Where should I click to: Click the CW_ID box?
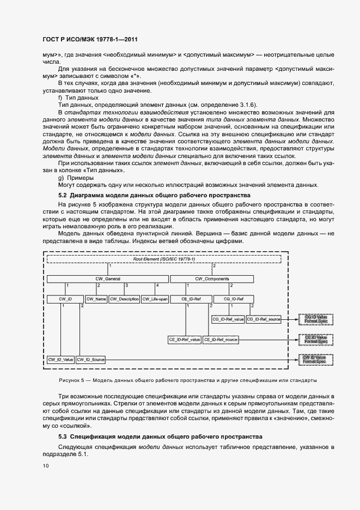[65, 299]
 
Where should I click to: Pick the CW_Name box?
[96, 299]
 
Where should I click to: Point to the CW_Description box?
[125, 299]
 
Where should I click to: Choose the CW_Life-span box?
[155, 299]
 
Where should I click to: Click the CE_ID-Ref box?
[191, 299]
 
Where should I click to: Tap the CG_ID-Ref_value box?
[227, 319]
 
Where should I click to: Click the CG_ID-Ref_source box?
[264, 319]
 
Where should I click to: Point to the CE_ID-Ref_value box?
[185, 339]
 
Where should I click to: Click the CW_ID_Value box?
[60, 360]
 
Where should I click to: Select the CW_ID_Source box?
[90, 360]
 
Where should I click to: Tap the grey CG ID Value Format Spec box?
[315, 319]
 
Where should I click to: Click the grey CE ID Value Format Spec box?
[315, 339]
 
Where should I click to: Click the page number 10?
[45, 466]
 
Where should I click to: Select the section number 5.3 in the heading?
[63, 437]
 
